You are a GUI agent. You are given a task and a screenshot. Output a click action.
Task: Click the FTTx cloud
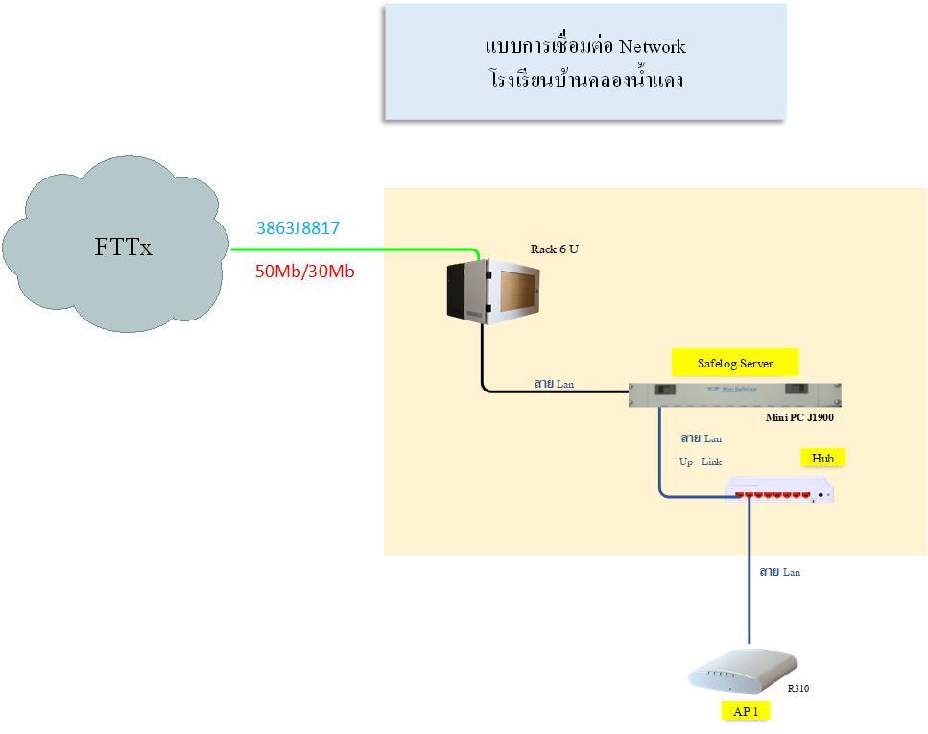coord(115,245)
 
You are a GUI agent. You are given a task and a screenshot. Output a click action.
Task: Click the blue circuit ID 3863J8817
coord(297,228)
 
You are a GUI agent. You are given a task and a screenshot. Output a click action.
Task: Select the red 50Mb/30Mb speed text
coord(305,272)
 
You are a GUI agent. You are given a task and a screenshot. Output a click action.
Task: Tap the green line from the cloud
coord(355,249)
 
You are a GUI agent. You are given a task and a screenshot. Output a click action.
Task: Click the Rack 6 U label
coord(555,249)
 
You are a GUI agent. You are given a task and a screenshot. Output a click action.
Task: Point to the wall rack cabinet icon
coord(493,292)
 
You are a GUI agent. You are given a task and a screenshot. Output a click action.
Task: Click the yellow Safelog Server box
coord(735,363)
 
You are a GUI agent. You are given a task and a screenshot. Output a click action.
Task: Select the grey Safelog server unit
coord(734,394)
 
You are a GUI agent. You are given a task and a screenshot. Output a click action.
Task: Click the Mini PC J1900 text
coord(799,417)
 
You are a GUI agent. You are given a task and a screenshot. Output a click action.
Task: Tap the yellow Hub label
coord(822,458)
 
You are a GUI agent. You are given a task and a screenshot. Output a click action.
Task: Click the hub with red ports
coord(779,489)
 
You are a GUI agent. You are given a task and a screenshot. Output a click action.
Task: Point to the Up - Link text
coord(701,462)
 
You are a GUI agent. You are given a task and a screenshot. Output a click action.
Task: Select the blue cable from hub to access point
coord(750,571)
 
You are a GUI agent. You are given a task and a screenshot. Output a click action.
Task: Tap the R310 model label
coord(798,688)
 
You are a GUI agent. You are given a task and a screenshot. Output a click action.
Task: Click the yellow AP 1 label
coord(746,711)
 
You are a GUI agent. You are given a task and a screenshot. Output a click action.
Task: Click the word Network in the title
coord(653,47)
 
